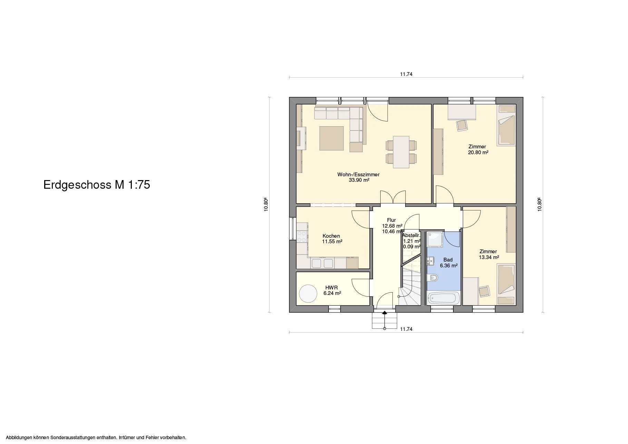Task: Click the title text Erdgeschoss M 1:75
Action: [x=97, y=185]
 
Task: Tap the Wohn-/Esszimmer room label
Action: [x=359, y=175]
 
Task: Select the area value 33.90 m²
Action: [x=359, y=180]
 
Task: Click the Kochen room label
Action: [x=90, y=236]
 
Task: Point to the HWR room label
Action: [x=90, y=288]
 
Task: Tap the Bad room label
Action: [x=448, y=260]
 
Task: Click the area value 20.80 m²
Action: [x=478, y=152]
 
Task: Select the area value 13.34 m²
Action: [x=489, y=257]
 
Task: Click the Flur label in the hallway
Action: [x=392, y=220]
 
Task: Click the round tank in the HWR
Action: [x=66, y=294]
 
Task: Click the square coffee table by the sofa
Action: [x=90, y=138]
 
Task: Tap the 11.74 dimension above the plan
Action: [x=406, y=74]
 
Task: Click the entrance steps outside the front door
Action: [x=384, y=320]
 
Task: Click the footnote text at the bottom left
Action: [x=96, y=437]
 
